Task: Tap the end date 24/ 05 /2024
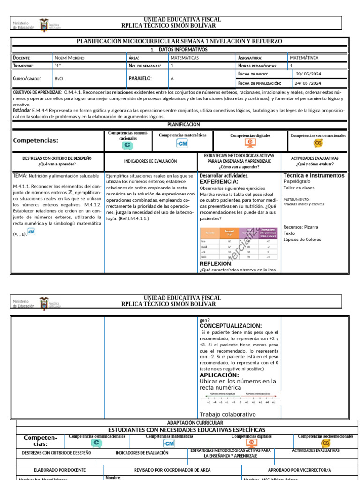[x=308, y=83]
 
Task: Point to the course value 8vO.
[x=59, y=79]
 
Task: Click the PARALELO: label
[x=141, y=79]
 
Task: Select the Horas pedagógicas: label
[x=258, y=66]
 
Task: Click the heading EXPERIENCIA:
[x=219, y=181]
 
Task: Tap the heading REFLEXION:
[x=216, y=263]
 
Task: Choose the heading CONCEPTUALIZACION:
[x=231, y=326]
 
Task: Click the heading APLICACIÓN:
[x=219, y=375]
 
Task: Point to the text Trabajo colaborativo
[x=227, y=414]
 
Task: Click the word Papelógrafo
[x=297, y=181]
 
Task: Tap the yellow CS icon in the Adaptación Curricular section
[x=325, y=443]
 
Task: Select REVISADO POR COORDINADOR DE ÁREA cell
[x=172, y=470]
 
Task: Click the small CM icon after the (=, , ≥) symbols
[x=31, y=232]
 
